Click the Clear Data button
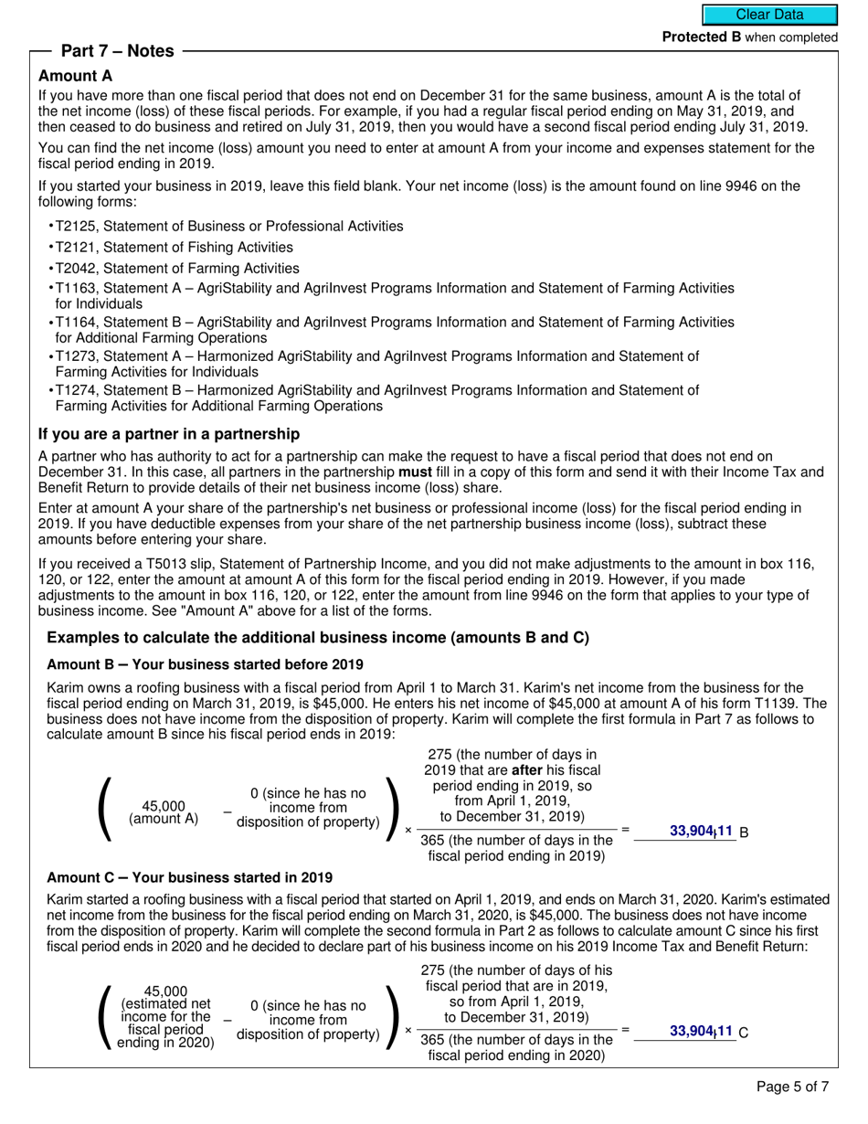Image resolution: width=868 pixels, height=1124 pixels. click(769, 15)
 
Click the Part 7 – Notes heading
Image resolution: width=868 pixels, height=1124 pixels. click(117, 51)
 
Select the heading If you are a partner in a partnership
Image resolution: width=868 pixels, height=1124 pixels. click(169, 434)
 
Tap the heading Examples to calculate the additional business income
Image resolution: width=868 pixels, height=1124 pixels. click(318, 638)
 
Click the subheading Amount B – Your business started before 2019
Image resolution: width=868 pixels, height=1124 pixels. click(205, 664)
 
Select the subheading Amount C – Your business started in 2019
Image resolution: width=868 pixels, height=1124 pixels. click(189, 877)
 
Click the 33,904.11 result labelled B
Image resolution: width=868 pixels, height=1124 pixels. click(701, 831)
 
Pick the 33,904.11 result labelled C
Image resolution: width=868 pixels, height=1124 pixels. click(701, 1031)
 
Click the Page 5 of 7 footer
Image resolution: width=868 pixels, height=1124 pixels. click(793, 1087)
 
